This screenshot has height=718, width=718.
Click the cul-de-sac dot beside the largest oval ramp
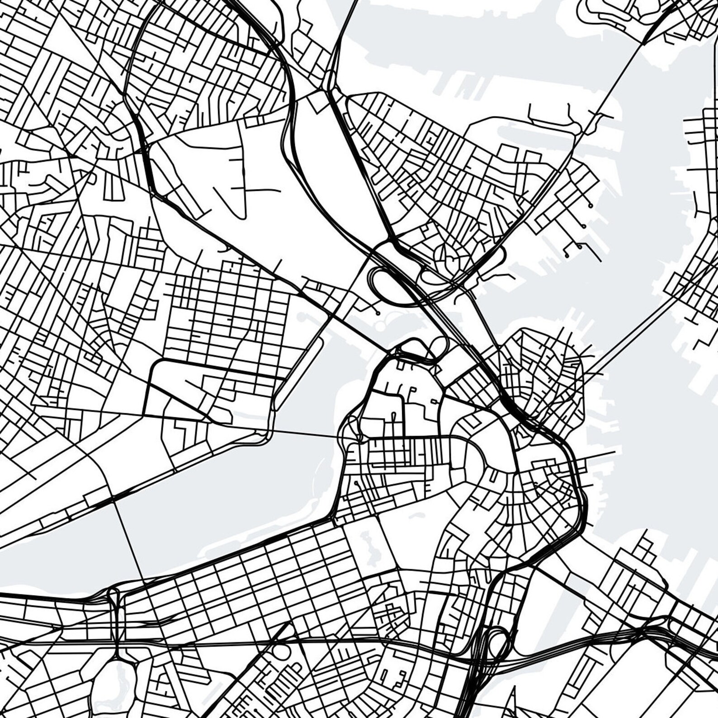pyautogui.click(x=378, y=312)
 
